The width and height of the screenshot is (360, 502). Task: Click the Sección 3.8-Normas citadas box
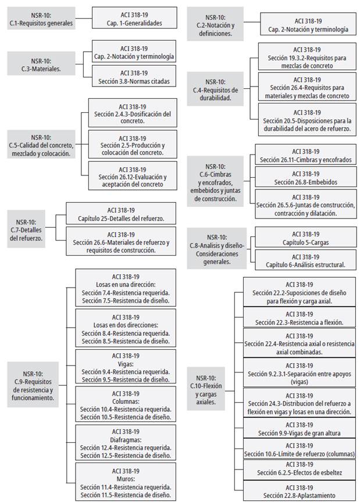click(x=134, y=77)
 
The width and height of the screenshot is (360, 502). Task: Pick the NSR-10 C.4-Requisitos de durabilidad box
click(x=215, y=90)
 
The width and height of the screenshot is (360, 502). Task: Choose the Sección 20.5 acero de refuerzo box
click(x=306, y=121)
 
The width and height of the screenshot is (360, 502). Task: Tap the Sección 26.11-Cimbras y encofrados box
click(x=305, y=155)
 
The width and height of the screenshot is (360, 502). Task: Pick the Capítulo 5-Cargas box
click(x=305, y=239)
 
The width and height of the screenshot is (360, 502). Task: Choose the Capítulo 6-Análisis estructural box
click(x=305, y=261)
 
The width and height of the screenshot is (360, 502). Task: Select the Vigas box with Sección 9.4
click(x=126, y=367)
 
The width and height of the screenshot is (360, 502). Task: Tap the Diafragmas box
click(x=126, y=443)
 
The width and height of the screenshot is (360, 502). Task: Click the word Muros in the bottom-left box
click(x=126, y=479)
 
